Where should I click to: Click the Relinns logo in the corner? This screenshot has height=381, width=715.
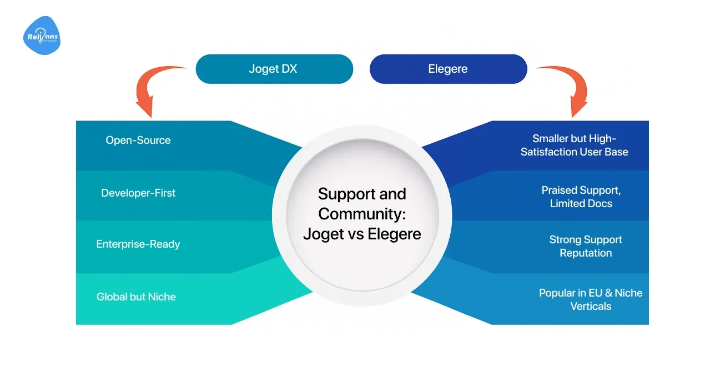point(42,36)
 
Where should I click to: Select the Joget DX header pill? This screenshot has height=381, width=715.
point(274,69)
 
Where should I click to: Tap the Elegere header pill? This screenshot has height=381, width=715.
point(448,69)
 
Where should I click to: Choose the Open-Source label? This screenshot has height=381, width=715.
point(138,140)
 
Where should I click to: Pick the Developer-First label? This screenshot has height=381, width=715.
point(138,193)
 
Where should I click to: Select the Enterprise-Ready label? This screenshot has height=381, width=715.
point(138,244)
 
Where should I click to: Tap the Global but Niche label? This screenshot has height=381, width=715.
point(136,297)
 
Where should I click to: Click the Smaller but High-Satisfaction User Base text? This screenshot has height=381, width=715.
point(575,145)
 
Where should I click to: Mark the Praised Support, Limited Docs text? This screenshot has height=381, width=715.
point(581,197)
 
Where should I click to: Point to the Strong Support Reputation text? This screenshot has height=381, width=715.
point(586,246)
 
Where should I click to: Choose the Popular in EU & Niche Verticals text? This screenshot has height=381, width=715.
point(591,299)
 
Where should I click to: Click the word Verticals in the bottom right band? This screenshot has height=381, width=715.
point(591,306)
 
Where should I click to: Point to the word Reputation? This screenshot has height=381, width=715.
point(586,253)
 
